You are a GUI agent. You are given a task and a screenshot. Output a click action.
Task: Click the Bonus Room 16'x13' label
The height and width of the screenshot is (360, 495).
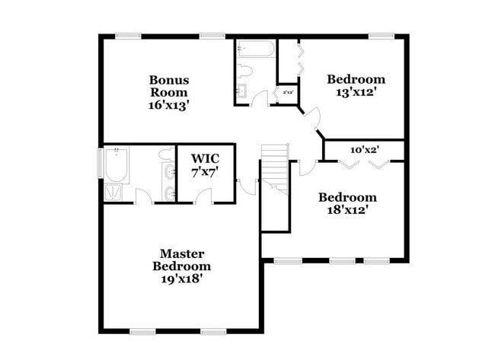169,93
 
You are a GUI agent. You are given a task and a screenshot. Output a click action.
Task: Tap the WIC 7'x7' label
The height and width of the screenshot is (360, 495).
205,165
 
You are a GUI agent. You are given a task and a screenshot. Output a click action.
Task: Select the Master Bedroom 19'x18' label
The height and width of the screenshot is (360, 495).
181,266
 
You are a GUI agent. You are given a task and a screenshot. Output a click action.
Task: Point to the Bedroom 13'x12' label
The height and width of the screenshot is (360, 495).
356,86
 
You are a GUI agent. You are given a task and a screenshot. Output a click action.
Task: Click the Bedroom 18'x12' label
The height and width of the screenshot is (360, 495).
346,203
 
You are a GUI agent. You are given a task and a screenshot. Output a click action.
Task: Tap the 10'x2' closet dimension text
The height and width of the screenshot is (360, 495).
365,150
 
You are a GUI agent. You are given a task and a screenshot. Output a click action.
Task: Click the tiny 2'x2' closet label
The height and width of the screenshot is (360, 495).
289,93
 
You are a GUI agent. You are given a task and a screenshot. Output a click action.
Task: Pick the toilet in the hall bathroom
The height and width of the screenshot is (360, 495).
244,72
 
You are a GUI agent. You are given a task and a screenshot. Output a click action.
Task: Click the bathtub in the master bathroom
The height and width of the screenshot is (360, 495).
116,165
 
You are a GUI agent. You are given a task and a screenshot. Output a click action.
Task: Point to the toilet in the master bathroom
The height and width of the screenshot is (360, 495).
164,155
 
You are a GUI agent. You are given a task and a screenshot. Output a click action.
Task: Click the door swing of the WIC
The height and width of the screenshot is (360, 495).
203,196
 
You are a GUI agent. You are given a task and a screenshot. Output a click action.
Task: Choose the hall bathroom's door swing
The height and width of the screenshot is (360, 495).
261,97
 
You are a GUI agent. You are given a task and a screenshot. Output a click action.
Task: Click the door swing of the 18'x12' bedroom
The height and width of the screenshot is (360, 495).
307,167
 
